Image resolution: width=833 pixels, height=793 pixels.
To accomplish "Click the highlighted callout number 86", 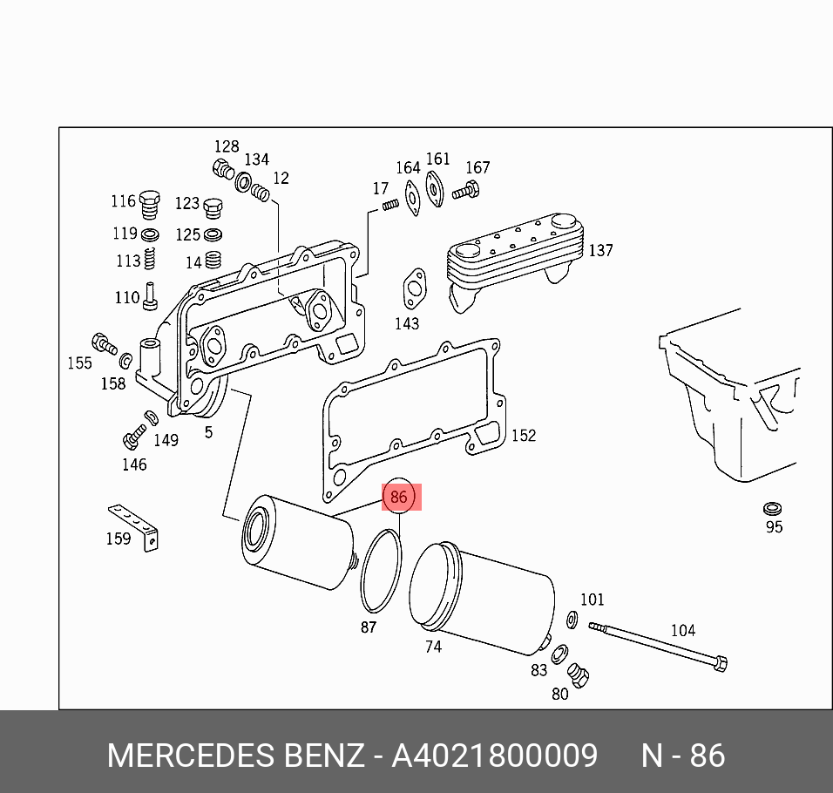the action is coord(398,497).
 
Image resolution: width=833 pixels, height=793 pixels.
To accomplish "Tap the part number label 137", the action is coord(600,251).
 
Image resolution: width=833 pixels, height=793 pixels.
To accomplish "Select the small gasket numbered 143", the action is coord(413,289).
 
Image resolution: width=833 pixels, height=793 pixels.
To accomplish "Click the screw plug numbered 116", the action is coord(151,204).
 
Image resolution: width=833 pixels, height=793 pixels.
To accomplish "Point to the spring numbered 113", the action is coord(150,259).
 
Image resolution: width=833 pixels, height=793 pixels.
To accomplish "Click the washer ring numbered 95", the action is coord(772,508).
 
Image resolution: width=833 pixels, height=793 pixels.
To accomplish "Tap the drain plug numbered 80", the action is coord(577,674).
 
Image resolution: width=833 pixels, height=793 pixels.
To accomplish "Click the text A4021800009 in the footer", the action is coord(494,756).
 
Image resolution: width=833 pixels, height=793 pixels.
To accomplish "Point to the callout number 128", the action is coord(227,146).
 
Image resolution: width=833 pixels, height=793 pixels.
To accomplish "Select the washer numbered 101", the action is coord(572,620).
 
